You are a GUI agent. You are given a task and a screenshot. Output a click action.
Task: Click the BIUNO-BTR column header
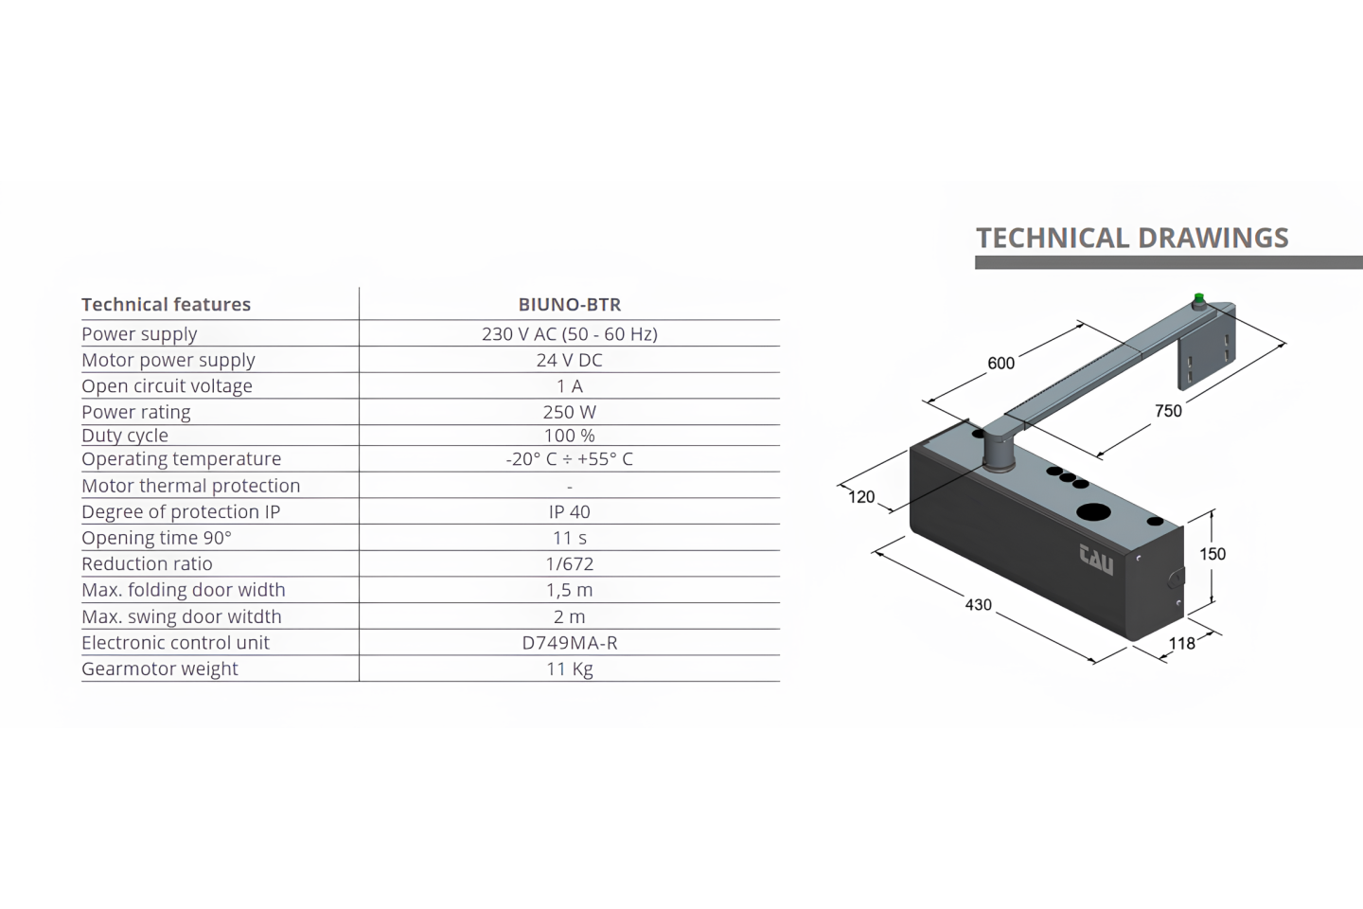(x=570, y=304)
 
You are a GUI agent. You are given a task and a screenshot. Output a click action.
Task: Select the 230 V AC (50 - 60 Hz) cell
(x=570, y=333)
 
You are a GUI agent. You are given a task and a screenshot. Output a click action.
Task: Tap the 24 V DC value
(x=570, y=360)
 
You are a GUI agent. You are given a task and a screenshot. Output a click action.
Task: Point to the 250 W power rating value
(x=570, y=412)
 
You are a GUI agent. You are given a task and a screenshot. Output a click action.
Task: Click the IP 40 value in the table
(x=570, y=511)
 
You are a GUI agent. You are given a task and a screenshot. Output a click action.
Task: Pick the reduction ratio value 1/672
(x=570, y=563)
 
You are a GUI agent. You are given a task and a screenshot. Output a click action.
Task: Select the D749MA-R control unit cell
(x=570, y=642)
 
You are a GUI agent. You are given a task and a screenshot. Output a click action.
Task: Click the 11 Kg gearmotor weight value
(x=570, y=668)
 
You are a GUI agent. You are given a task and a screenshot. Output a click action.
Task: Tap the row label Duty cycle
(x=125, y=436)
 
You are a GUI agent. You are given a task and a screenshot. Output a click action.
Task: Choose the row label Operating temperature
(x=182, y=458)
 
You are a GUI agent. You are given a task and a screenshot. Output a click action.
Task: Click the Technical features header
(x=167, y=304)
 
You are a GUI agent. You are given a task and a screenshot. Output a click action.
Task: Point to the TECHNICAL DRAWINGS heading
(x=1132, y=238)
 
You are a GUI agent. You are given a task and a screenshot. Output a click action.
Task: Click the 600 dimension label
(x=1001, y=364)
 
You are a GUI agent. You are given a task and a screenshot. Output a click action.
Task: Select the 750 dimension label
(x=1168, y=411)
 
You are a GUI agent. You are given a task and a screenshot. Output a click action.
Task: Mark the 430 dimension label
(x=979, y=604)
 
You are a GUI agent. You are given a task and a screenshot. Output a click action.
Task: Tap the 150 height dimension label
(x=1213, y=554)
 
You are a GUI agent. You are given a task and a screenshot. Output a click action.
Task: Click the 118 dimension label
(x=1181, y=644)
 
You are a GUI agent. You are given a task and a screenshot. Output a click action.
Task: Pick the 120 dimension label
(x=861, y=497)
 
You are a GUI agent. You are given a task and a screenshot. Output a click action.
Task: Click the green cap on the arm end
(x=1199, y=297)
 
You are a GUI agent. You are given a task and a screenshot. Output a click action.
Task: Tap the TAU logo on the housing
(x=1096, y=561)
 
